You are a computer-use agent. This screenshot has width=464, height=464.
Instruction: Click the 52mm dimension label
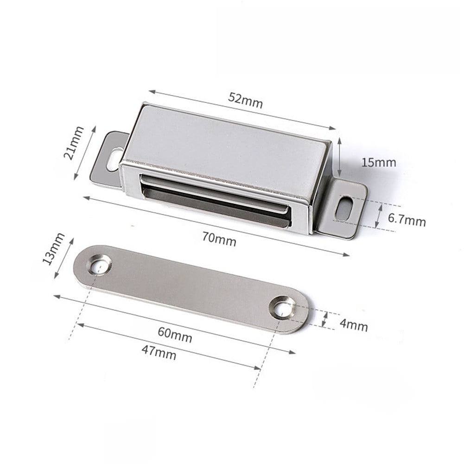(x=245, y=101)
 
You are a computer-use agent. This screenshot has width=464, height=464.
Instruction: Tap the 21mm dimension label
(x=74, y=143)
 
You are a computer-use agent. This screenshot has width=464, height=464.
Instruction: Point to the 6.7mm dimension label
(x=407, y=221)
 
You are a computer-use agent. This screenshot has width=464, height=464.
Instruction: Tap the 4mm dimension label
(x=353, y=325)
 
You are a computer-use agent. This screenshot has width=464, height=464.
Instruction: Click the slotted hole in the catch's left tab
(x=113, y=159)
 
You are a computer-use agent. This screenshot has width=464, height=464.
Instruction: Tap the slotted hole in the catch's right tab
(x=344, y=209)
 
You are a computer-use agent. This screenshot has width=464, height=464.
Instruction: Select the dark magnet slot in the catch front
(x=216, y=202)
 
